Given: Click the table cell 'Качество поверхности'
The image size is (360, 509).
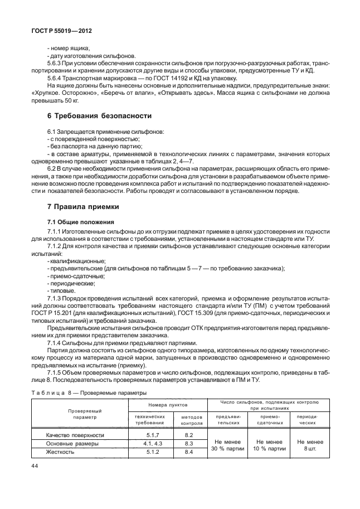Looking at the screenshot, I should coord(75,434).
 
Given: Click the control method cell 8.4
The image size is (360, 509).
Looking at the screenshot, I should coord(188,452).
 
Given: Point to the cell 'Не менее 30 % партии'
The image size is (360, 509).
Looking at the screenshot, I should coord(226,444).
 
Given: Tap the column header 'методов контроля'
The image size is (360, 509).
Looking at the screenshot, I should coord(188,419).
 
